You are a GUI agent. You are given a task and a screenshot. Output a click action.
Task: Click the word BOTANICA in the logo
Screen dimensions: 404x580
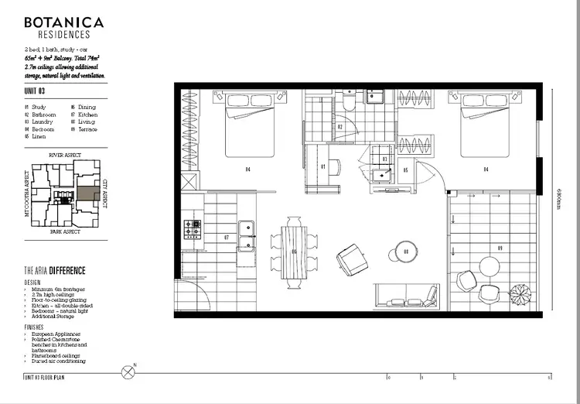[x=64, y=22]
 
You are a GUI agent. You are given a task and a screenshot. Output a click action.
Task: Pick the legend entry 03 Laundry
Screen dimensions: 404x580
[x=39, y=122]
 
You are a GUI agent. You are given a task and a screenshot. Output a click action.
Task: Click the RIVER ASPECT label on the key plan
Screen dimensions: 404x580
[x=65, y=155]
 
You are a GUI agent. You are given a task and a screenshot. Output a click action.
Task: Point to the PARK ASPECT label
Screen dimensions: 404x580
[x=65, y=231]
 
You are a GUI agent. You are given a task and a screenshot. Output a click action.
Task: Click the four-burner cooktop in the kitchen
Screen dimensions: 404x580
[x=191, y=229]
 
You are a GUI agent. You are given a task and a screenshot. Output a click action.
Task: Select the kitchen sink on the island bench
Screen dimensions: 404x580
[x=246, y=228]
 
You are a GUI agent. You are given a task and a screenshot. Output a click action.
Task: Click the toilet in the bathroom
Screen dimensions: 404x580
[x=350, y=104]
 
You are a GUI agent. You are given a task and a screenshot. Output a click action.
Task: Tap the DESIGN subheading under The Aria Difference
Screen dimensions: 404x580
[x=33, y=282]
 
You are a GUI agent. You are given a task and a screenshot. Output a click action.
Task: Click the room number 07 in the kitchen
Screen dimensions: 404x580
[x=227, y=237]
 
